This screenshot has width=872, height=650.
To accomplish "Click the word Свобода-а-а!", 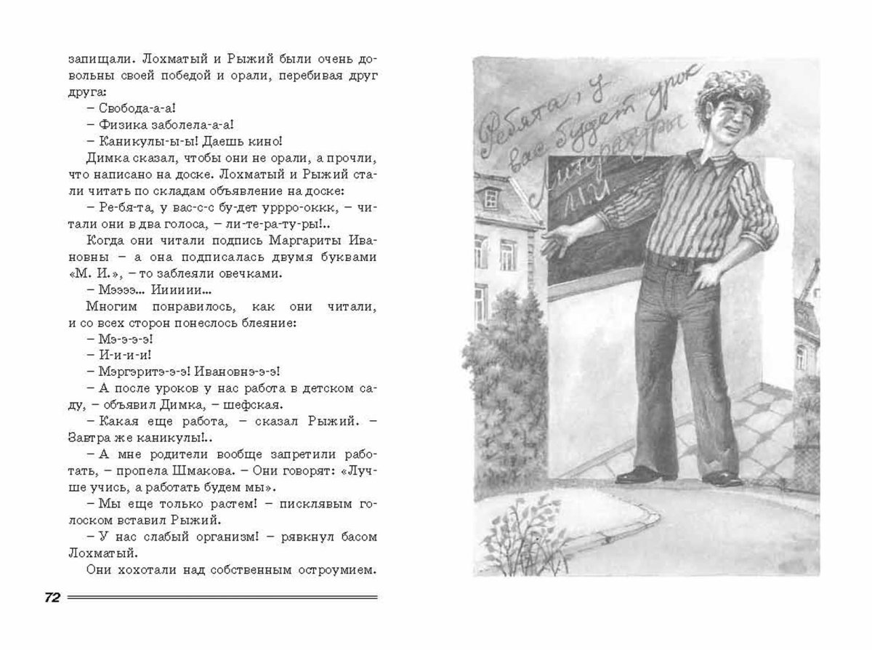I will coord(130,109).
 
